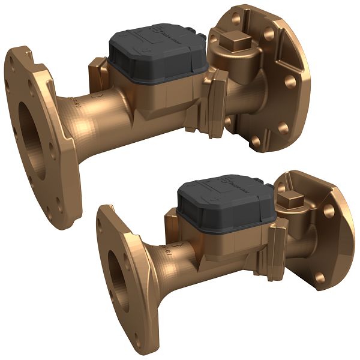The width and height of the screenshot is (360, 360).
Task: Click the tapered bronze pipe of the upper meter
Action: point(102,120)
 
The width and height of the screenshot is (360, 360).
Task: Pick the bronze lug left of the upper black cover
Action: point(97,69)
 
